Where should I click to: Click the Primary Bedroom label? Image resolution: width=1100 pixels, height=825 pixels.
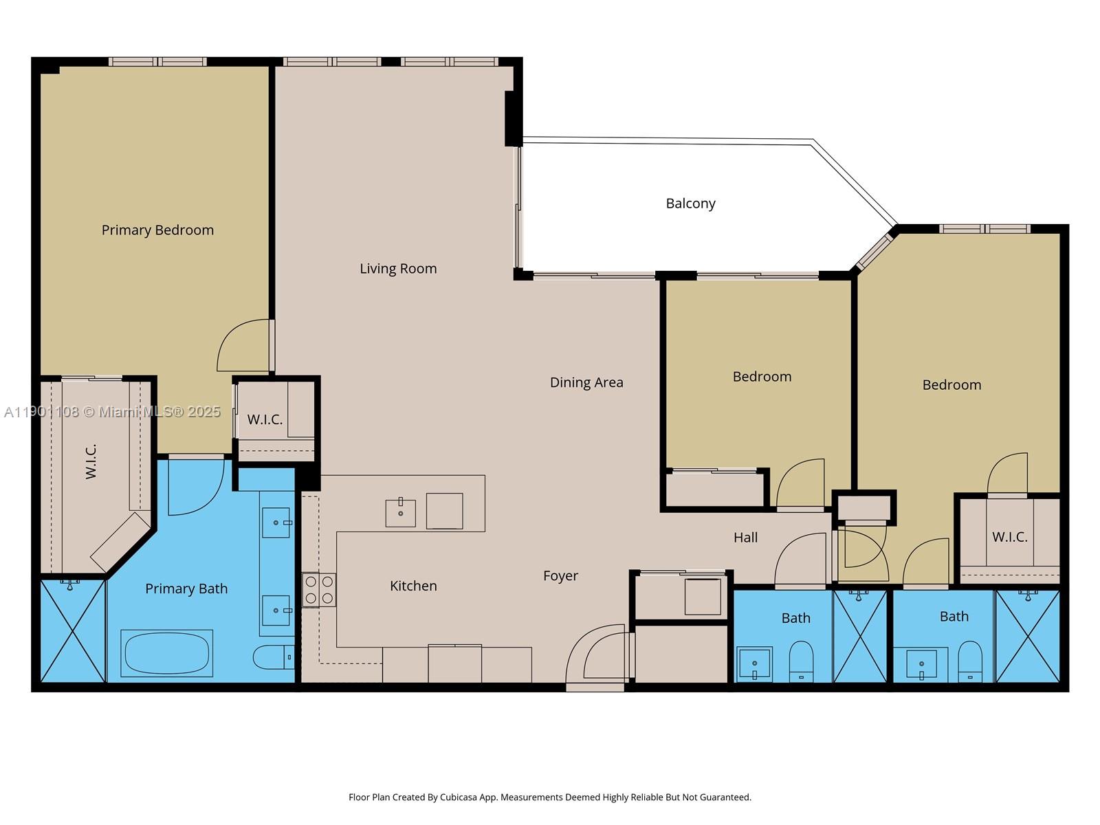pyautogui.click(x=157, y=230)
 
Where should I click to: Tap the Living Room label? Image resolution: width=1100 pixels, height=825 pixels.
pyautogui.click(x=398, y=269)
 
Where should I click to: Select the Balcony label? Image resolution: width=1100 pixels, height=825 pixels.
pyautogui.click(x=690, y=203)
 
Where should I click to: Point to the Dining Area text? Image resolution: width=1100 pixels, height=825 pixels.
pyautogui.click(x=586, y=382)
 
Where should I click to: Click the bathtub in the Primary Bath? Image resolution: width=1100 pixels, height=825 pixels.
pyautogui.click(x=167, y=653)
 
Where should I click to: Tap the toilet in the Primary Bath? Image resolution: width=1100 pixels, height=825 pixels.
pyautogui.click(x=272, y=657)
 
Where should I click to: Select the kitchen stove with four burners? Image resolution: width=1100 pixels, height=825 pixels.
pyautogui.click(x=319, y=590)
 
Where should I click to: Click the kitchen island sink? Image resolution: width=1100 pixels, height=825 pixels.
pyautogui.click(x=400, y=513)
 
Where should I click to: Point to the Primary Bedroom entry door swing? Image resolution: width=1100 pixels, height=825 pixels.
pyautogui.click(x=244, y=346)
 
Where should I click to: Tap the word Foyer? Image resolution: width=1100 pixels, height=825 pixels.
pyautogui.click(x=560, y=576)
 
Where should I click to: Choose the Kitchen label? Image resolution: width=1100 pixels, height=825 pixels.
pyautogui.click(x=413, y=586)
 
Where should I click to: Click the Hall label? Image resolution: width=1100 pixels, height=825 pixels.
pyautogui.click(x=745, y=538)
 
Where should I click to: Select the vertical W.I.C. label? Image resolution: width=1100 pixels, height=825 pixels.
pyautogui.click(x=91, y=461)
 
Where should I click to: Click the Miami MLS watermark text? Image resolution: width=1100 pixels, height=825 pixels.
pyautogui.click(x=112, y=412)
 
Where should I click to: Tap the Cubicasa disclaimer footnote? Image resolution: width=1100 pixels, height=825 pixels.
pyautogui.click(x=549, y=797)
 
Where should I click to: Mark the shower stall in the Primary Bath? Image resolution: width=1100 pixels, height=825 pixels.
pyautogui.click(x=72, y=631)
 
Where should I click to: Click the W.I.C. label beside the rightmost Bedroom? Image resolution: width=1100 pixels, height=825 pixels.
pyautogui.click(x=1009, y=537)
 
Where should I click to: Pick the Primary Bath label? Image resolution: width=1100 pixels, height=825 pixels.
pyautogui.click(x=186, y=588)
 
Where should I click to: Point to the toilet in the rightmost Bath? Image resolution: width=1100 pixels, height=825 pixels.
pyautogui.click(x=970, y=661)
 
